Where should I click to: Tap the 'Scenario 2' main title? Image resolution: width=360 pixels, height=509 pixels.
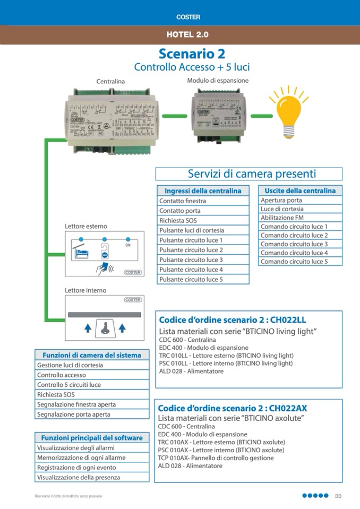[192, 54]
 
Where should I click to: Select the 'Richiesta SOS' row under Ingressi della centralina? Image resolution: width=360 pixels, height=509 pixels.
[203, 220]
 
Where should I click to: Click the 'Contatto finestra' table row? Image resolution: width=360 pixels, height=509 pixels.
[203, 201]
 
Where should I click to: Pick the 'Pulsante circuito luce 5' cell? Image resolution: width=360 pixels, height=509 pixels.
[203, 279]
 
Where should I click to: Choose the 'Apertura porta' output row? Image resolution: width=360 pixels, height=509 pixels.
[300, 200]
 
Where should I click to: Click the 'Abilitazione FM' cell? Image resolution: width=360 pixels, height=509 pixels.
[300, 218]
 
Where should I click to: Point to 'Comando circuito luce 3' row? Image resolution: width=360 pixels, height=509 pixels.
[300, 244]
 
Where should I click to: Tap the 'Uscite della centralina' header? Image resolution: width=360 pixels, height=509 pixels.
[300, 191]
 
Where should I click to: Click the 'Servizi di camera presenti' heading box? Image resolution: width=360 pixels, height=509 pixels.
[248, 174]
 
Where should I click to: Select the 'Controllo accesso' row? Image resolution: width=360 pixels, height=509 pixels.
[92, 375]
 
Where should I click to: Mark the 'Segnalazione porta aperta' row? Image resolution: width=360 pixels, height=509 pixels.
[92, 414]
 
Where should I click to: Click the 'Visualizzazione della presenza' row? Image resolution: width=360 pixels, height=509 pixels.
[92, 477]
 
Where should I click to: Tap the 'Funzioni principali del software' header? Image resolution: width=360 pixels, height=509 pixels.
[92, 438]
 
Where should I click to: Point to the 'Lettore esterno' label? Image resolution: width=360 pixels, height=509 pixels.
[85, 226]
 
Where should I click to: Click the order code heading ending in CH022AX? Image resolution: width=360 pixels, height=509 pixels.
[233, 408]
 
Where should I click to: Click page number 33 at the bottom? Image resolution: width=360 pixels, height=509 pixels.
[338, 496]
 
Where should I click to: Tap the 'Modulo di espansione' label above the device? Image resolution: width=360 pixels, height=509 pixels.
[218, 81]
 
